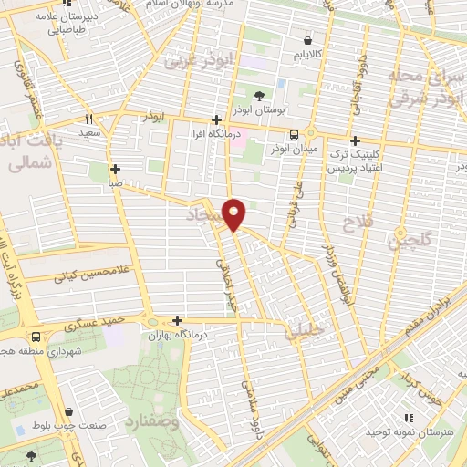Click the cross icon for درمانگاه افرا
point(216,119)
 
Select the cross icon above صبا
point(115,169)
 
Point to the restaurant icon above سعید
point(89,119)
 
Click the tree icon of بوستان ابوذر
point(260,95)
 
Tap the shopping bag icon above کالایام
point(306,41)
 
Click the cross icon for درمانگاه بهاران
point(177,320)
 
